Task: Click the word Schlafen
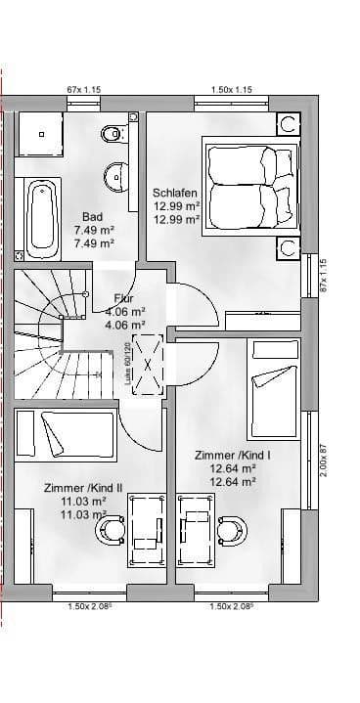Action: (175, 193)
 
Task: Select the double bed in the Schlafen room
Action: (248, 183)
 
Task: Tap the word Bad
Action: (93, 217)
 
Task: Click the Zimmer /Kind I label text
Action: (233, 455)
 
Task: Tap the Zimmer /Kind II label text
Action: (83, 487)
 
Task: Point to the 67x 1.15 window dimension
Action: (84, 90)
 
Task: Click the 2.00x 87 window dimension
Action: (324, 461)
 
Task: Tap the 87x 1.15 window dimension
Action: (324, 276)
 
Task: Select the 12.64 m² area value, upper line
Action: (233, 467)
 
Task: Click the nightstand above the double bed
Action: (289, 124)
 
